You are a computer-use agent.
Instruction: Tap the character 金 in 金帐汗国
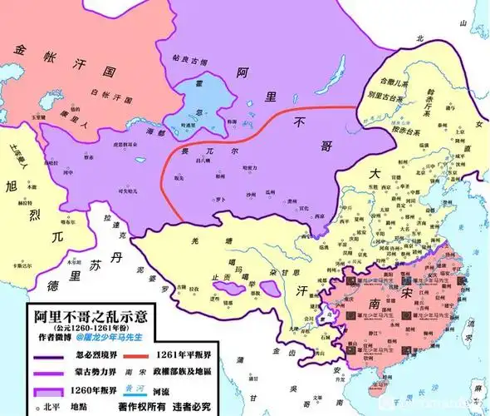[18, 52]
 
